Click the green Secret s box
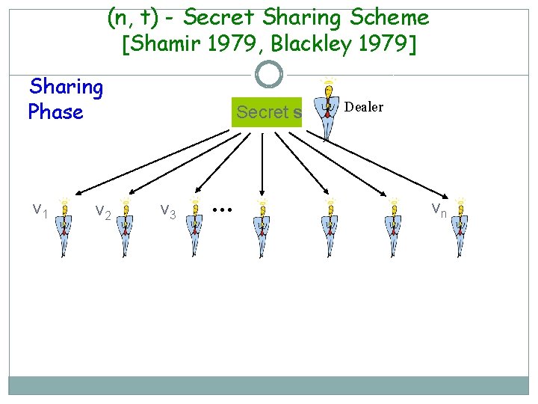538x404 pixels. tap(267, 112)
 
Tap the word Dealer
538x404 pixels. tap(364, 107)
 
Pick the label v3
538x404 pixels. tap(168, 212)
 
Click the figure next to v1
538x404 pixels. tap(65, 227)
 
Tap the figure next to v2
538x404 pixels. tap(127, 227)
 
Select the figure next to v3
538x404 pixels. tap(195, 227)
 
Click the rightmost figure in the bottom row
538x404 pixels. tap(461, 227)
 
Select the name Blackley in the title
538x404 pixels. tap(311, 44)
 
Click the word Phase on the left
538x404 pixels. tap(55, 112)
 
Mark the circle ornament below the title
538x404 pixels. tap(269, 74)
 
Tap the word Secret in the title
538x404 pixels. tap(217, 16)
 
